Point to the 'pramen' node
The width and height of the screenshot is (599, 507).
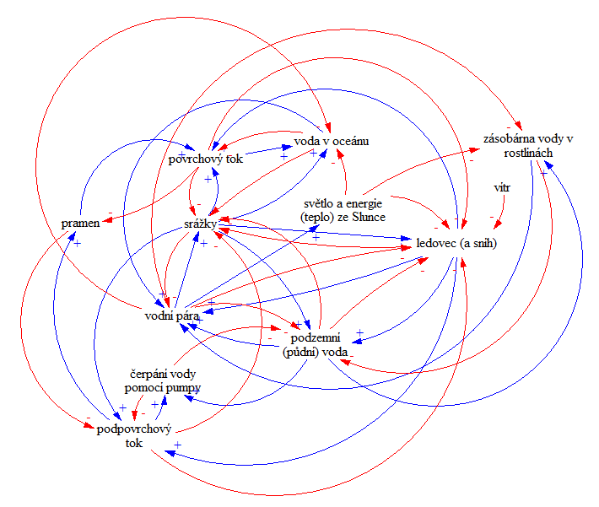(81, 223)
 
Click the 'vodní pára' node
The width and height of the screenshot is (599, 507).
(171, 317)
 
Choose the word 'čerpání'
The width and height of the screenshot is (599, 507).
(138, 373)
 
